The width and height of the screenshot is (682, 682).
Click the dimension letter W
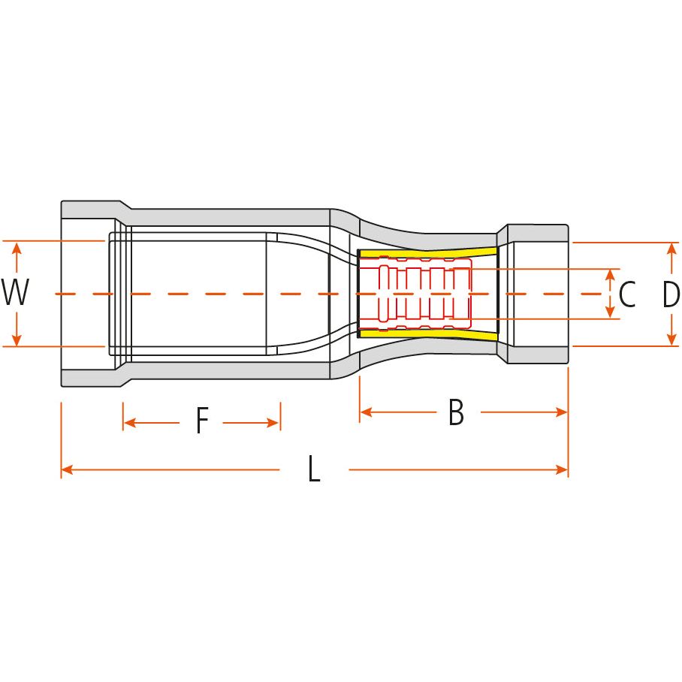pyautogui.click(x=15, y=293)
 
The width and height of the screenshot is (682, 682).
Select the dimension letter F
pyautogui.click(x=201, y=421)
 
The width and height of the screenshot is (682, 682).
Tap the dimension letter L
pyautogui.click(x=314, y=470)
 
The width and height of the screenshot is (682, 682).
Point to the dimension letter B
pyautogui.click(x=456, y=412)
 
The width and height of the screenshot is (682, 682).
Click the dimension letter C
pyautogui.click(x=626, y=294)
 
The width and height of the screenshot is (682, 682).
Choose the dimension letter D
pyautogui.click(x=671, y=294)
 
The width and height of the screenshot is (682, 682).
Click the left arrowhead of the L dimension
pyautogui.click(x=67, y=470)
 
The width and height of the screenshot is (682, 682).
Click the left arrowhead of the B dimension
pyautogui.click(x=366, y=412)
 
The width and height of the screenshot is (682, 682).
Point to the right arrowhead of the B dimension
pyautogui.click(x=562, y=412)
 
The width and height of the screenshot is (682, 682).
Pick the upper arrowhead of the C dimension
pyautogui.click(x=610, y=274)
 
